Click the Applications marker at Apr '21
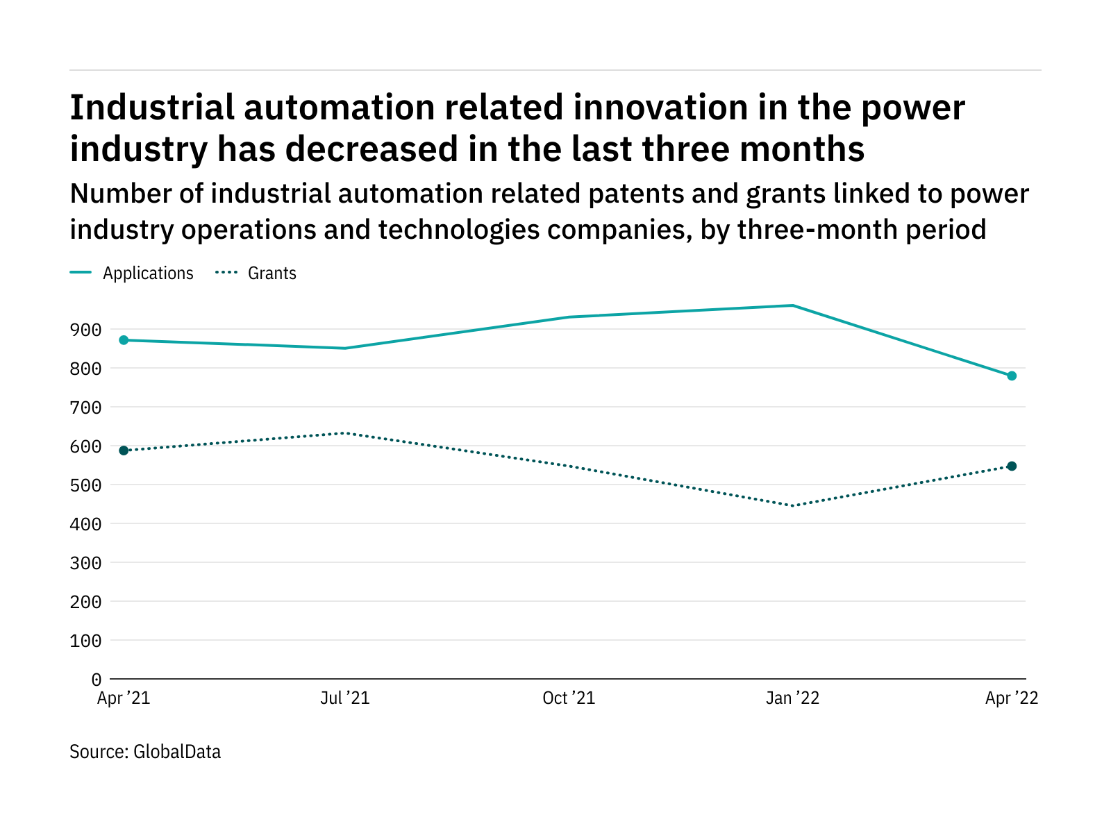pyautogui.click(x=124, y=340)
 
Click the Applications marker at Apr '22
pyautogui.click(x=1012, y=376)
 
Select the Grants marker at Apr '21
pyautogui.click(x=124, y=451)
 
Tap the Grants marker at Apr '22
pyautogui.click(x=1012, y=466)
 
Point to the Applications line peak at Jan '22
pyautogui.click(x=792, y=305)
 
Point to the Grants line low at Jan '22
pyautogui.click(x=792, y=505)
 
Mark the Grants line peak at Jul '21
pyautogui.click(x=345, y=433)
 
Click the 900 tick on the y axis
pyautogui.click(x=85, y=330)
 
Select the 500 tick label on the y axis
pyautogui.click(x=85, y=485)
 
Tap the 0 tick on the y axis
pyautogui.click(x=96, y=680)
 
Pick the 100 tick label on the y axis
pyautogui.click(x=85, y=641)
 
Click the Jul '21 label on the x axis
pyautogui.click(x=345, y=698)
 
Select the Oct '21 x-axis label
pyautogui.click(x=569, y=698)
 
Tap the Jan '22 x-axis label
pyautogui.click(x=792, y=698)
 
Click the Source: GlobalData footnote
pyautogui.click(x=145, y=752)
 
